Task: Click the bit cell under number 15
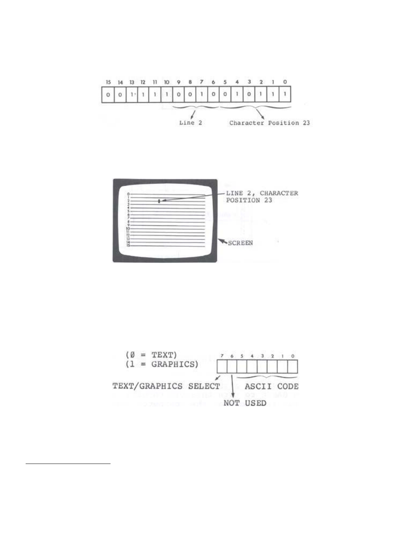(x=108, y=95)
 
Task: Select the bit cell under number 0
(x=285, y=95)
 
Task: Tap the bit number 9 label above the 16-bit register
(x=178, y=82)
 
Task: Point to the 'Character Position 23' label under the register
(x=269, y=123)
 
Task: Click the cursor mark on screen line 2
(x=159, y=201)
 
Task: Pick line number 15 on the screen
(x=128, y=246)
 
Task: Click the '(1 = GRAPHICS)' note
(x=161, y=364)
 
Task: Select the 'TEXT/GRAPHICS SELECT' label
(x=166, y=386)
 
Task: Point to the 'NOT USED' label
(x=245, y=403)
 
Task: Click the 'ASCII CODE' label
(x=271, y=386)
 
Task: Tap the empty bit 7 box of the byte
(x=222, y=367)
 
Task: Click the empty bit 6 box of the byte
(x=232, y=367)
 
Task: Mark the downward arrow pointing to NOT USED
(x=233, y=387)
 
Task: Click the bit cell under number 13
(x=132, y=95)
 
